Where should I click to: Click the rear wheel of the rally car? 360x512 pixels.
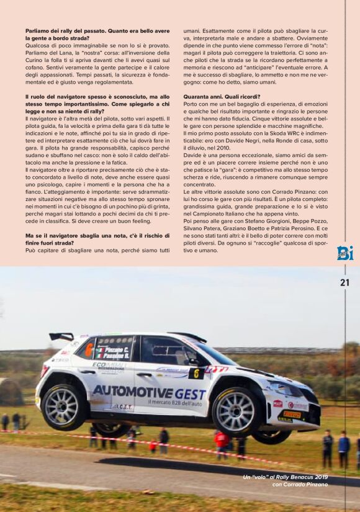coord(61,407)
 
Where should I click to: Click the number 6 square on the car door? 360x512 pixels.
coord(197,374)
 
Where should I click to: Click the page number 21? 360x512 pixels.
coord(345,282)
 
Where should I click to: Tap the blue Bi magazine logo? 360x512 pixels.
coord(345,253)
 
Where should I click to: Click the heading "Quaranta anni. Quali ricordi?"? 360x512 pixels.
coord(222,97)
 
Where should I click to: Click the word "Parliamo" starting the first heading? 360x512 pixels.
coord(40,30)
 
